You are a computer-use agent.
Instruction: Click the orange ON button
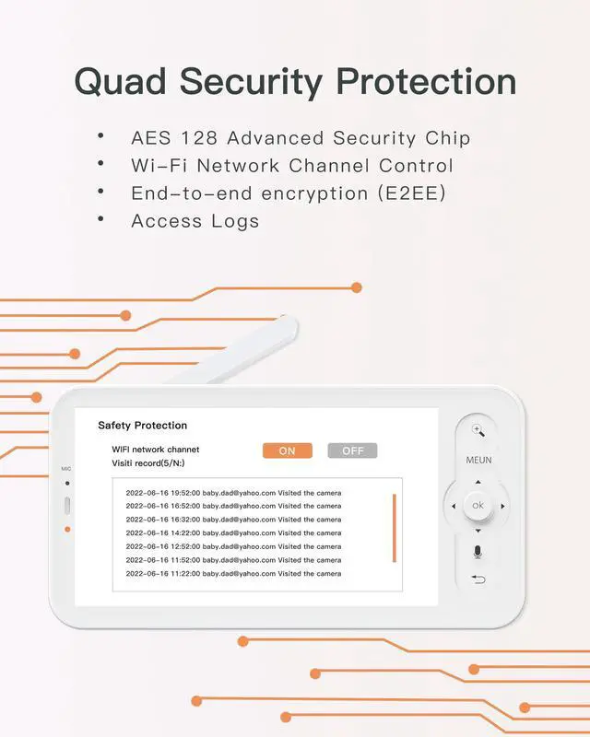(287, 450)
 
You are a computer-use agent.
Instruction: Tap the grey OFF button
(352, 450)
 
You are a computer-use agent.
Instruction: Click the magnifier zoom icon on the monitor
(478, 430)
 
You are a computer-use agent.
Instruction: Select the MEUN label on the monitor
(478, 460)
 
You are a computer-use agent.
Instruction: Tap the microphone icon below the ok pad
(478, 552)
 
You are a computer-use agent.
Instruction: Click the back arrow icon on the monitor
(478, 579)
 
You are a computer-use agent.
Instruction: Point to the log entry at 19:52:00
(233, 493)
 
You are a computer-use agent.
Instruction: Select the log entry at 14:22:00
(233, 533)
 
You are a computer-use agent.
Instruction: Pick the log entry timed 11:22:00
(233, 574)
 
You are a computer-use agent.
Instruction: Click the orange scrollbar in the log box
(394, 528)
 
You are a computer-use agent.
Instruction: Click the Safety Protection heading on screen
(142, 426)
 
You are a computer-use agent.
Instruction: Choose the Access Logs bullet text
(195, 221)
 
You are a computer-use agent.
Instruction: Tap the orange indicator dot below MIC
(67, 529)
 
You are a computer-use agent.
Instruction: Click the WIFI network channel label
(156, 450)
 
